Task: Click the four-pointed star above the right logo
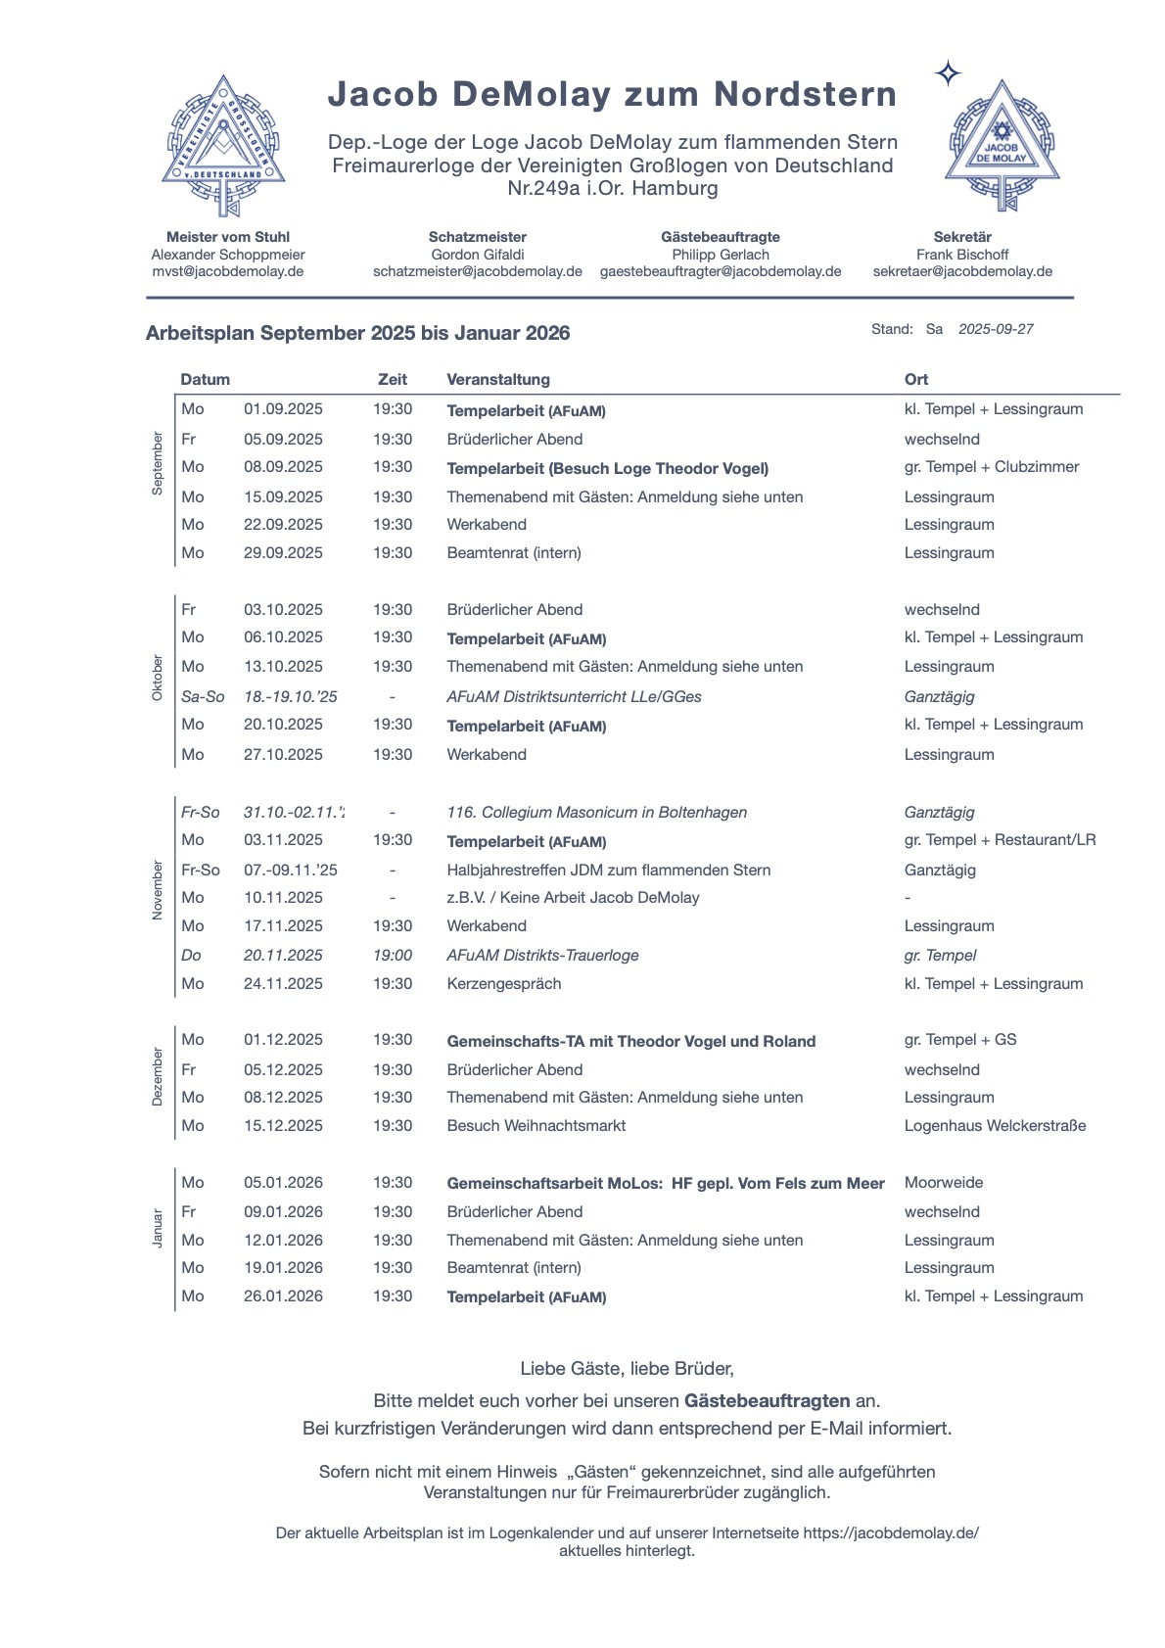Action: click(x=948, y=73)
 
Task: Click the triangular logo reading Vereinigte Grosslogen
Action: click(x=224, y=144)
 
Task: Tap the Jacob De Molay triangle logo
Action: click(x=1002, y=145)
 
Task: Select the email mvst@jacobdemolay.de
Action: click(x=227, y=271)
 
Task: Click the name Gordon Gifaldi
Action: click(x=478, y=255)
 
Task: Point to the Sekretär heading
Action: click(x=962, y=237)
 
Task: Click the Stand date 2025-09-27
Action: click(x=996, y=329)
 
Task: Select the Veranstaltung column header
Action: click(x=498, y=379)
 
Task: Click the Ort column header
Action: click(x=916, y=379)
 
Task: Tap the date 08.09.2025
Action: click(x=283, y=467)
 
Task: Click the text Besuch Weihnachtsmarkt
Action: click(x=536, y=1126)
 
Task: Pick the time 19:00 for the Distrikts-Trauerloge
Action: click(x=393, y=956)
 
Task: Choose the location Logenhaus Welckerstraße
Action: click(x=995, y=1126)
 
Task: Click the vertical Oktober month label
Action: click(x=158, y=678)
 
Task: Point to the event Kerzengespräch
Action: click(x=504, y=984)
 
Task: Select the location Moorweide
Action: click(x=944, y=1183)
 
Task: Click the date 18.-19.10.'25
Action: click(x=291, y=697)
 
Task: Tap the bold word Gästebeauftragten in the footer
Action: click(x=767, y=1401)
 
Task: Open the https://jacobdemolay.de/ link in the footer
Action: click(x=891, y=1533)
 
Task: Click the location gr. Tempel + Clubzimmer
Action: click(x=992, y=467)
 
